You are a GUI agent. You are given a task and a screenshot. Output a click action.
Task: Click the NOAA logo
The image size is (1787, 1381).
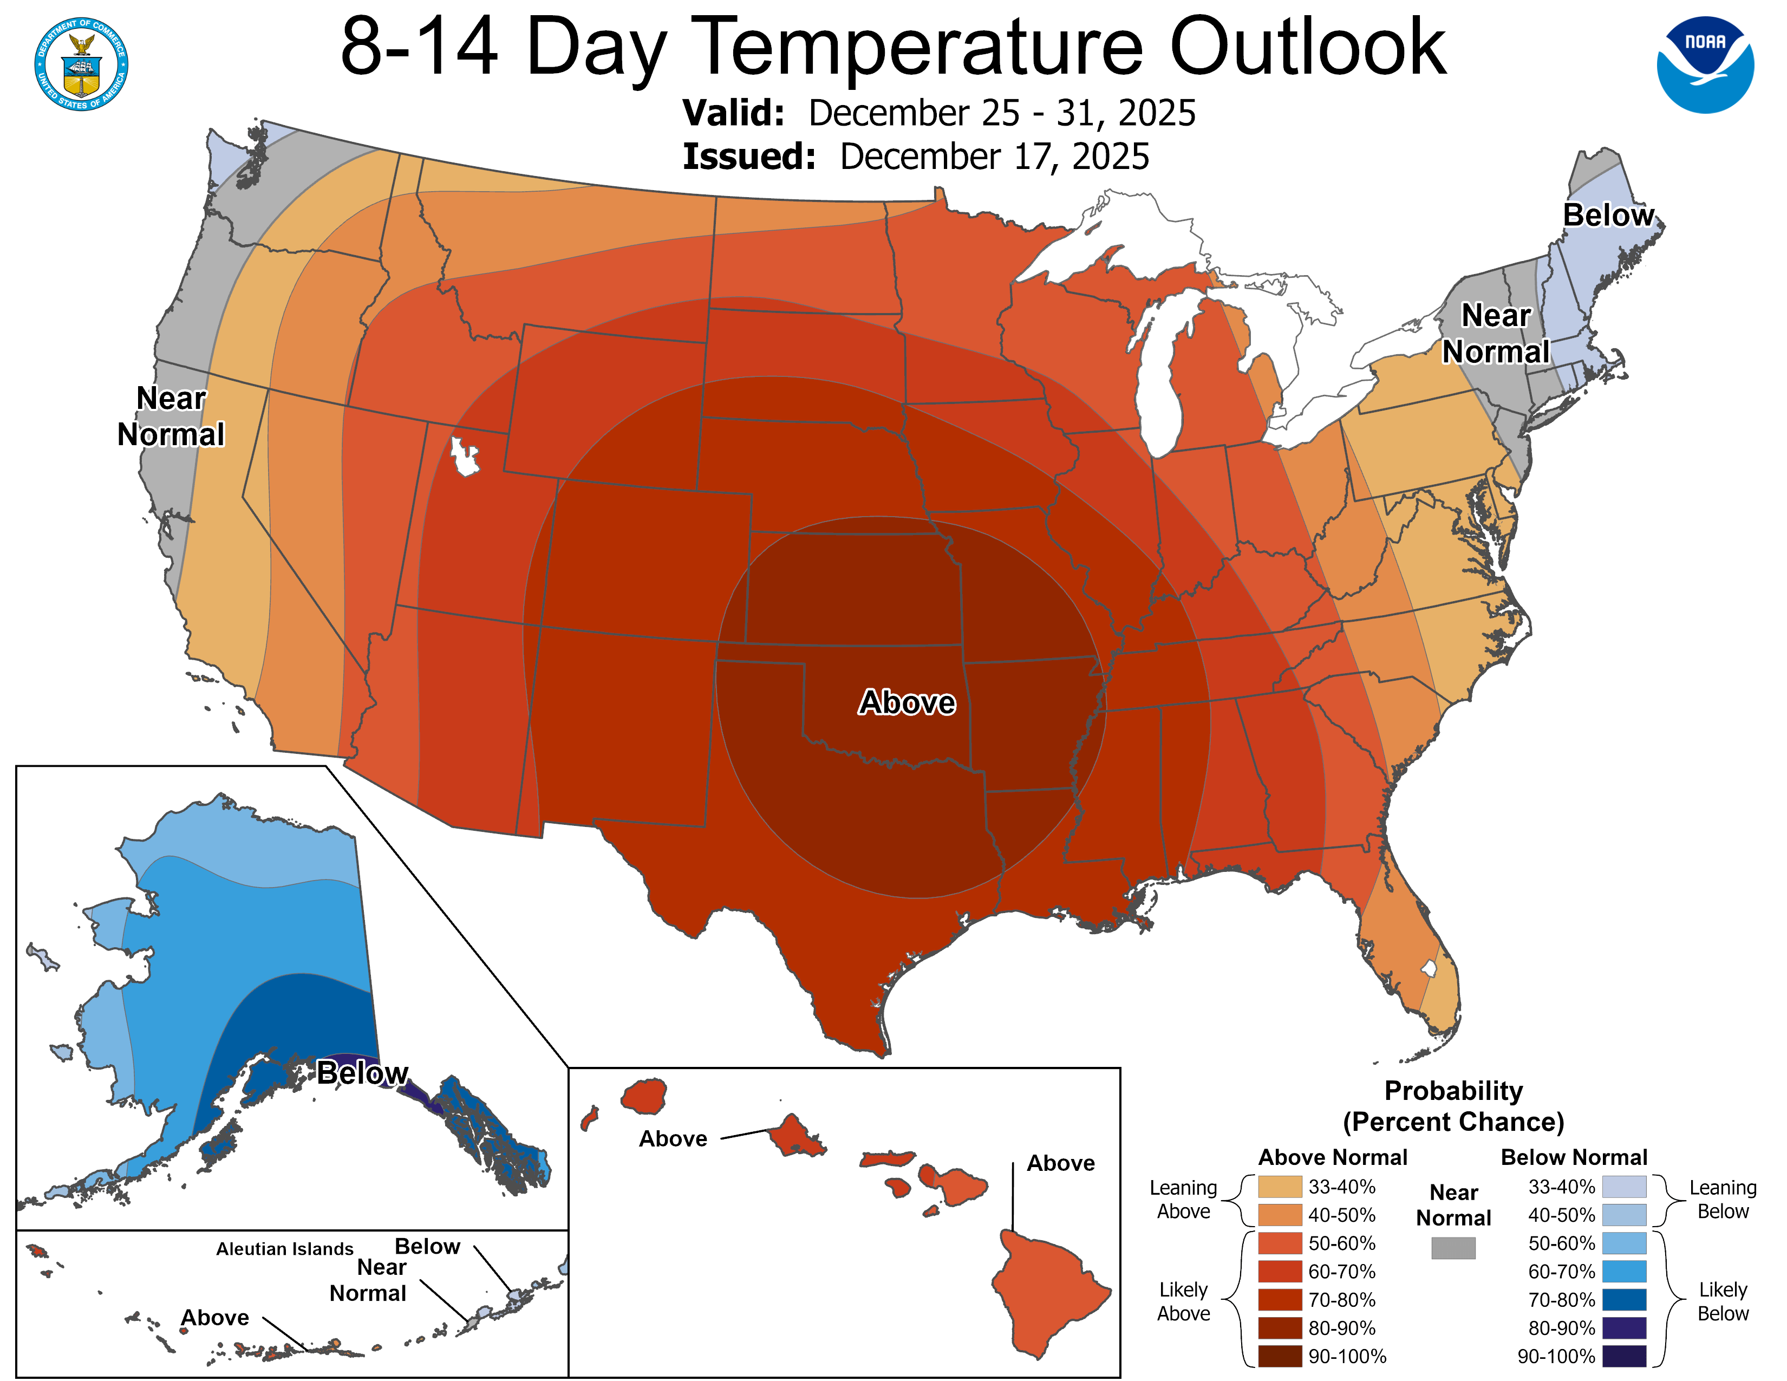coord(1705,64)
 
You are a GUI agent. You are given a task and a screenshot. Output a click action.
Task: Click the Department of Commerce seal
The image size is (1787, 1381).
coord(81,64)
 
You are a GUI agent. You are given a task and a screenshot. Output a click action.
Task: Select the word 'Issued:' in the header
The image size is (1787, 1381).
coord(749,157)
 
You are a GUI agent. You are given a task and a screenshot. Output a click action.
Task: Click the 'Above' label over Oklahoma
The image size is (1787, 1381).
coord(906,703)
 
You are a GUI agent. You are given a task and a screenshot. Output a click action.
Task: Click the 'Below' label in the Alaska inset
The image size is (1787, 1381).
coord(362,1072)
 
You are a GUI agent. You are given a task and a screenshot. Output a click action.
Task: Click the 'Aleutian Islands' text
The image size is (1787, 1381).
coord(285,1248)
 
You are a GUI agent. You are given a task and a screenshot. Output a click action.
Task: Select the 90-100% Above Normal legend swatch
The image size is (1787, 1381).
coord(1280,1356)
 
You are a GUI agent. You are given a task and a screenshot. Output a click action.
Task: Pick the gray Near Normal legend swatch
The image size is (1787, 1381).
coord(1453,1248)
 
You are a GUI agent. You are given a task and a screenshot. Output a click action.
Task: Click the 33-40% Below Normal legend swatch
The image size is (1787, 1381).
coord(1624,1186)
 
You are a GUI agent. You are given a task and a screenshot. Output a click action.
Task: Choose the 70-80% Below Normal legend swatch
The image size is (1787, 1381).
coord(1624,1299)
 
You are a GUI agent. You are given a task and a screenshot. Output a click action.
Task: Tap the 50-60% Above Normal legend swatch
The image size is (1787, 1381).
coord(1280,1243)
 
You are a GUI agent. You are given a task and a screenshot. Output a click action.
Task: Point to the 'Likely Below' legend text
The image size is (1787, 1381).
coord(1723,1301)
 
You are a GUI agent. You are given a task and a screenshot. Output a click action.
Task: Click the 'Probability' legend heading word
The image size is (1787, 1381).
coord(1453,1091)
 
